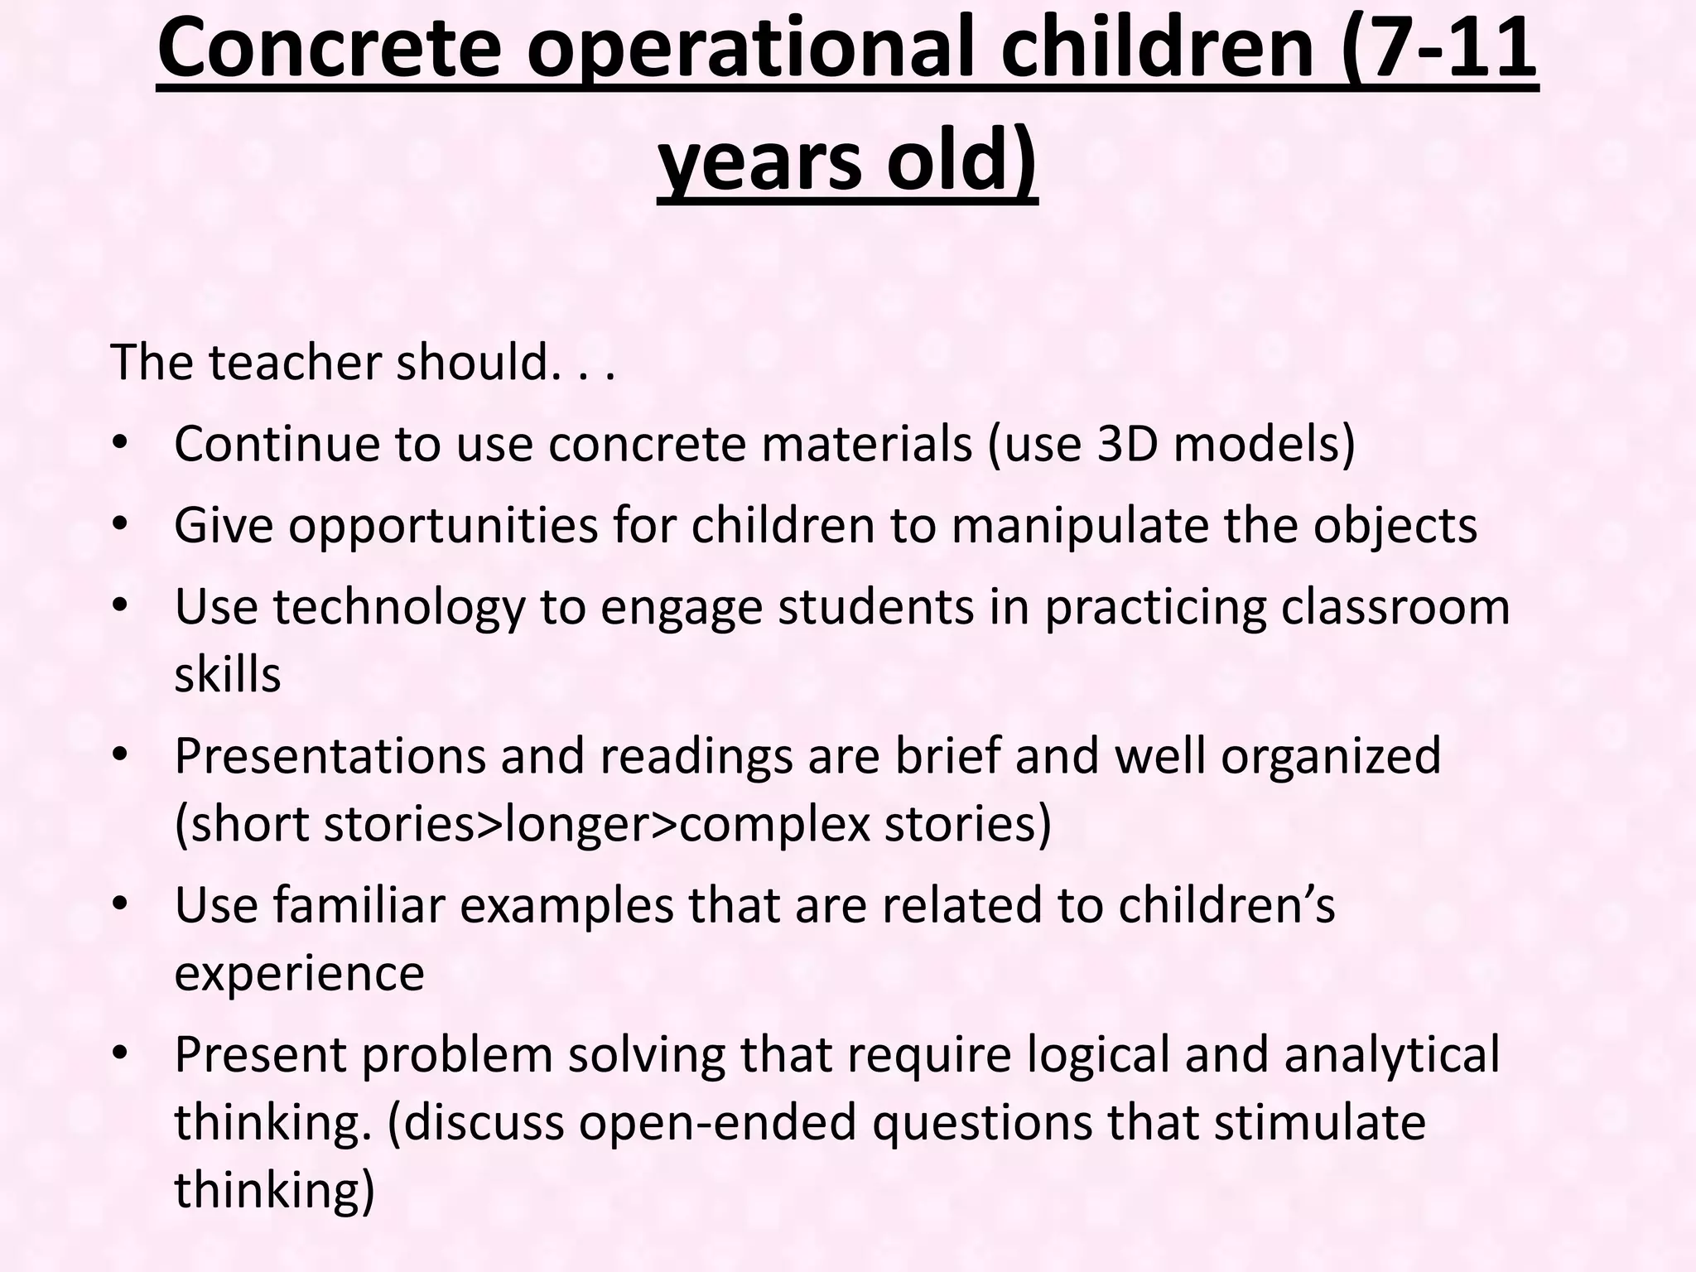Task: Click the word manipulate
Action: (1080, 527)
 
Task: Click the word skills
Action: (228, 674)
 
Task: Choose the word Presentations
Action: (330, 756)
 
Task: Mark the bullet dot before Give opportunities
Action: (121, 525)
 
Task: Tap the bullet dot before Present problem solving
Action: (121, 1053)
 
